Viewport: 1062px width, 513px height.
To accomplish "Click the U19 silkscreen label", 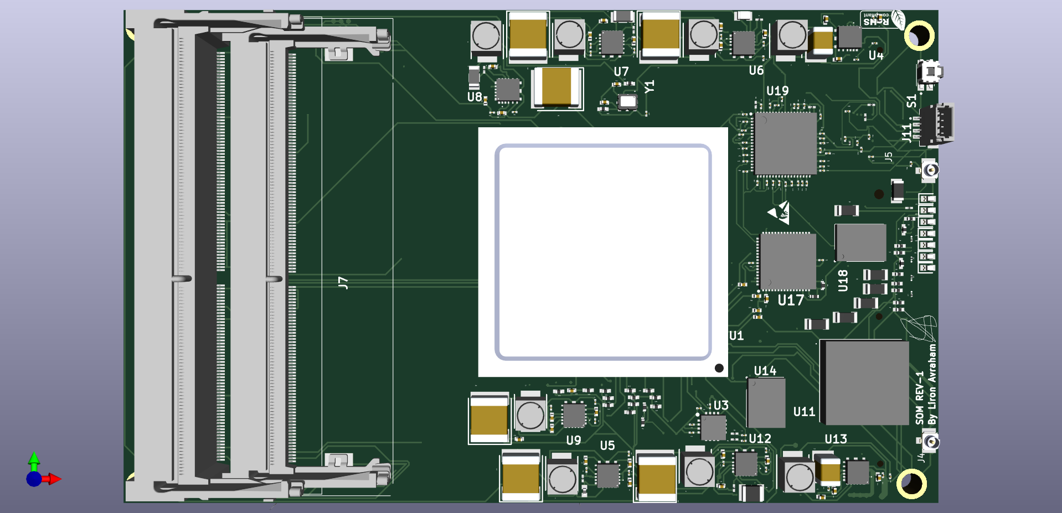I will click(777, 91).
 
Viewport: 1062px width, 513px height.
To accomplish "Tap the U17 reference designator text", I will click(790, 300).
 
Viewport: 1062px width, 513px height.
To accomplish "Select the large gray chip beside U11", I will click(864, 382).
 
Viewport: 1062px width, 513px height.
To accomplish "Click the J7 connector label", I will click(343, 283).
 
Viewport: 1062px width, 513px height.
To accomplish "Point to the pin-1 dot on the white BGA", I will click(719, 368).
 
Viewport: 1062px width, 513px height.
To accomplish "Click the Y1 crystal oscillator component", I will click(628, 101).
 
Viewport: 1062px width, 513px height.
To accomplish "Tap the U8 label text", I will click(475, 97).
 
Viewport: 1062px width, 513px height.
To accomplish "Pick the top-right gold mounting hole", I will click(919, 36).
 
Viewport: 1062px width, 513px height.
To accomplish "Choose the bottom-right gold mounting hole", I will click(911, 483).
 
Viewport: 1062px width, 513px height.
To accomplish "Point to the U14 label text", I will click(765, 371).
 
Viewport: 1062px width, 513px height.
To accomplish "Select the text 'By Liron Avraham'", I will click(932, 384).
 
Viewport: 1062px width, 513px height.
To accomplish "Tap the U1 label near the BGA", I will click(736, 336).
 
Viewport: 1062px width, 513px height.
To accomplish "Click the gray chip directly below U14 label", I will click(766, 402).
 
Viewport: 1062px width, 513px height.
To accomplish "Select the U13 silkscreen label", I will click(836, 439).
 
